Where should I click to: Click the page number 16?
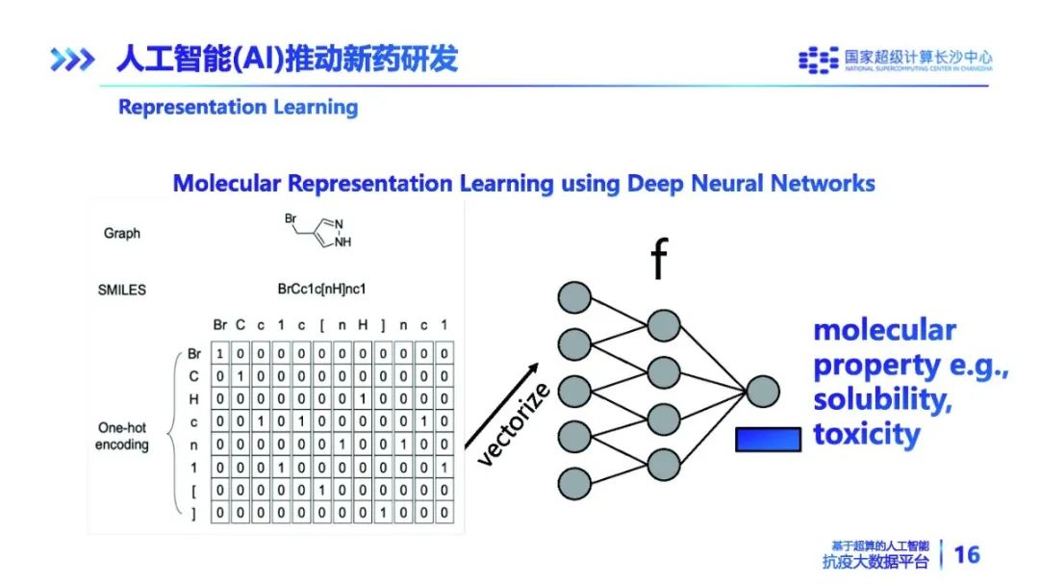click(x=966, y=554)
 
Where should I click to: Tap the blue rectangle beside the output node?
click(x=768, y=439)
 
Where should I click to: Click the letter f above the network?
click(x=659, y=260)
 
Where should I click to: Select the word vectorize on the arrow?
click(x=514, y=423)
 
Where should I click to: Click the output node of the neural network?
click(x=762, y=392)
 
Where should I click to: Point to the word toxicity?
click(x=866, y=434)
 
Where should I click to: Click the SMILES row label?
click(x=122, y=289)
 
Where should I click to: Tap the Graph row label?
click(x=122, y=233)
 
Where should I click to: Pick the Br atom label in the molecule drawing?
click(x=290, y=219)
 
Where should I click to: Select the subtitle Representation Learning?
click(x=238, y=107)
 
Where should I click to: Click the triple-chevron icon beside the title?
click(x=72, y=60)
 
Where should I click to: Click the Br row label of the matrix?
click(x=195, y=354)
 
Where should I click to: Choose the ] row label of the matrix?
click(x=195, y=513)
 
